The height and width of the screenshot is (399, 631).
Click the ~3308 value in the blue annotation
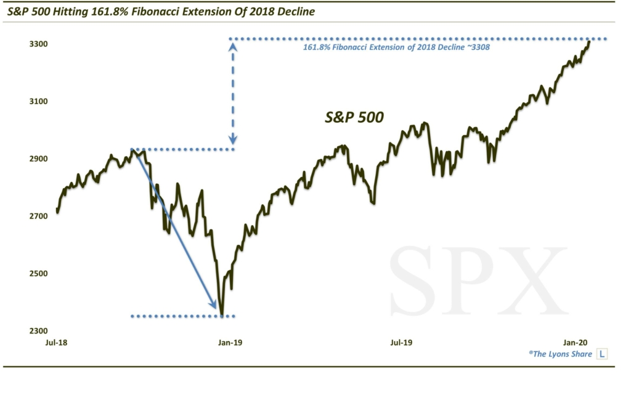click(477, 47)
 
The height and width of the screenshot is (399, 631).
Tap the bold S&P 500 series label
click(354, 118)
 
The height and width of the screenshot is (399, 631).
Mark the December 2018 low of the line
click(221, 315)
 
